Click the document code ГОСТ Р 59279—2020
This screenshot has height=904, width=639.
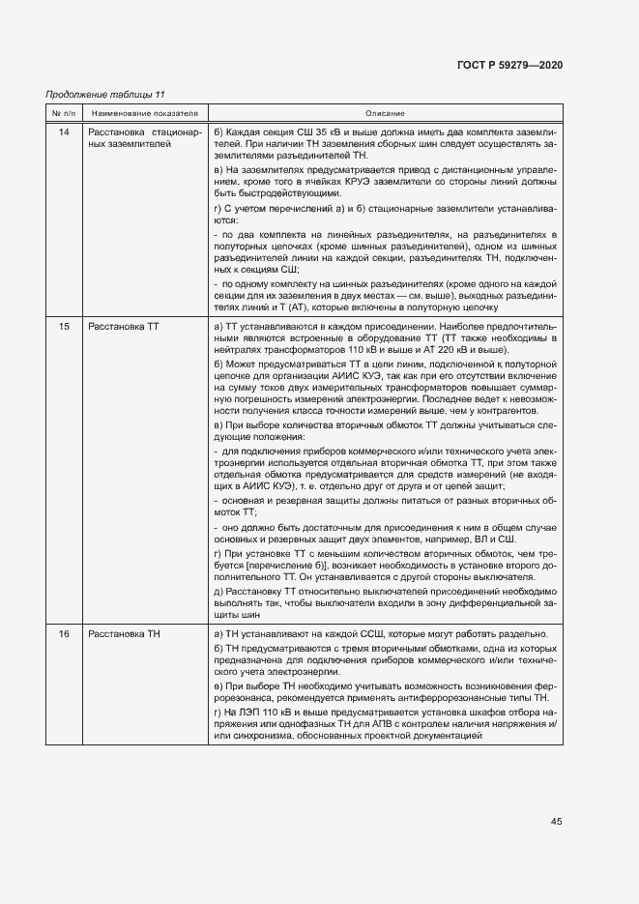[x=509, y=65]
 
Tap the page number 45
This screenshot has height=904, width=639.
[x=556, y=821]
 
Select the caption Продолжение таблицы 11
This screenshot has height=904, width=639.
[x=105, y=94]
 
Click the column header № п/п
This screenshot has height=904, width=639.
[x=64, y=114]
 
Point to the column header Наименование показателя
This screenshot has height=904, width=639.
[x=144, y=114]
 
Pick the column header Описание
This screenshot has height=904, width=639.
[x=385, y=114]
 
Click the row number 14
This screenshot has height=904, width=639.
[x=64, y=131]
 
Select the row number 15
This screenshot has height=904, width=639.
[x=64, y=327]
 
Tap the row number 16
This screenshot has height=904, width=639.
[x=64, y=632]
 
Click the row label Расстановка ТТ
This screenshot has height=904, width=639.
[x=124, y=327]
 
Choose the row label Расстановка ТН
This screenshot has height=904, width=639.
[x=124, y=632]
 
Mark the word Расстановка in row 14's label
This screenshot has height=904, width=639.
[x=119, y=131]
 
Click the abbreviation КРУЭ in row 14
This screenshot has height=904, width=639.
[x=363, y=181]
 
